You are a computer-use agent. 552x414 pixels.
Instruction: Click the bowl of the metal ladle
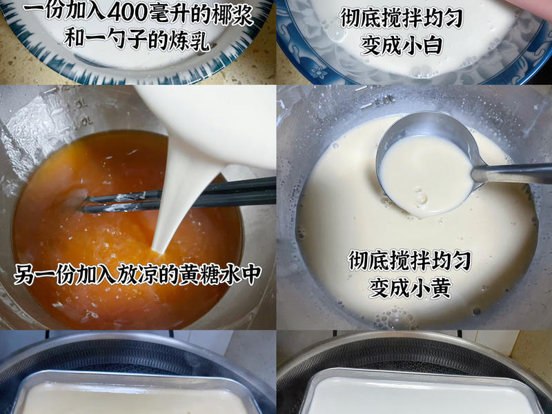click(x=424, y=169)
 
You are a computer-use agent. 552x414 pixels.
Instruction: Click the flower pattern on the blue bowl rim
click(x=319, y=70)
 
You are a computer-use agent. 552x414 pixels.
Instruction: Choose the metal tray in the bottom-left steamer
click(x=135, y=397)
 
